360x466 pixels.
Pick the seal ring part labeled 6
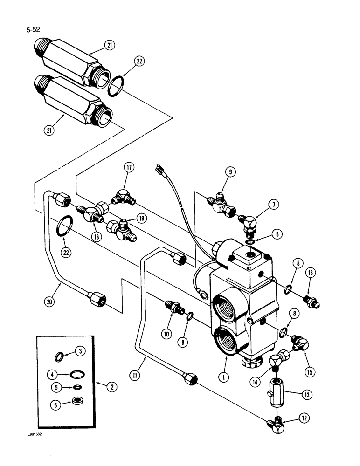tap(76, 399)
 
